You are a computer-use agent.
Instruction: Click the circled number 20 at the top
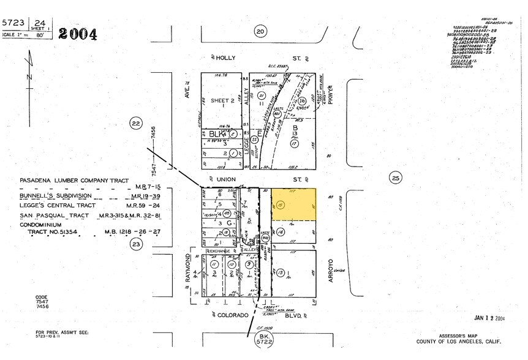(260, 31)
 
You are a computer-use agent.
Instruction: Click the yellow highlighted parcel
(295, 205)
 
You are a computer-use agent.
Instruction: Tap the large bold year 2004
(77, 34)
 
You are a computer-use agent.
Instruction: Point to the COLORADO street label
(233, 315)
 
